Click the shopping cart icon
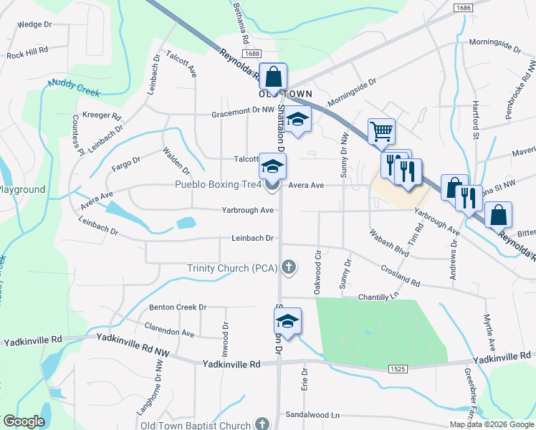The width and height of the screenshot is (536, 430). (381, 131)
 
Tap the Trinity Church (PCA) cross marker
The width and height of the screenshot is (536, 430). (289, 268)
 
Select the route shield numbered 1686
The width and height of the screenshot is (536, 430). (463, 7)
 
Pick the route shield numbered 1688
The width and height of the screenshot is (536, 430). (252, 54)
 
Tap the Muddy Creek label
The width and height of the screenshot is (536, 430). (75, 89)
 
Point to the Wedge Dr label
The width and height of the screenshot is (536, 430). (35, 24)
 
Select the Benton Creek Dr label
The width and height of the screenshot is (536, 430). (178, 307)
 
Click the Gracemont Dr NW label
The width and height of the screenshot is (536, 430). (243, 114)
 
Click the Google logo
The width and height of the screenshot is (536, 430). (24, 421)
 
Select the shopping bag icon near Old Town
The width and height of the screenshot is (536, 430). (273, 77)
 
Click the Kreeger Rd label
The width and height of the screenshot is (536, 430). (101, 115)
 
